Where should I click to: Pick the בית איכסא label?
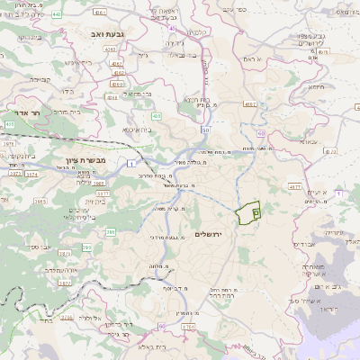(x=137, y=130)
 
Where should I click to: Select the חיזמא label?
(x=315, y=87)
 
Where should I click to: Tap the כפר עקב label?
(x=229, y=8)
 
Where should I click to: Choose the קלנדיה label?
(x=200, y=33)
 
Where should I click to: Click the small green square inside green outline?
(x=256, y=212)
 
